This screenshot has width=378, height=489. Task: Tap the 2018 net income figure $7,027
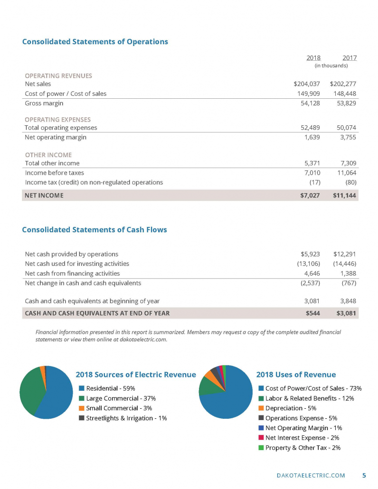coord(311,195)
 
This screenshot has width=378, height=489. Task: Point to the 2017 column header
coord(349,58)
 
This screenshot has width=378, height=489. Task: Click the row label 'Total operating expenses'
coord(61,128)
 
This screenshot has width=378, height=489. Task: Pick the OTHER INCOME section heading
coord(48,155)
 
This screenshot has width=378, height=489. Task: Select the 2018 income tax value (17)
coord(313,182)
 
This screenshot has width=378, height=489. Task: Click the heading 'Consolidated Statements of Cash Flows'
coord(94,230)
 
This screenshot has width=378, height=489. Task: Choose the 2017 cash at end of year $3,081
coord(345,313)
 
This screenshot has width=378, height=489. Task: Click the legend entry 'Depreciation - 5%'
coord(291,408)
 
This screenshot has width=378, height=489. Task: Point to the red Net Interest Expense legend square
coord(261,438)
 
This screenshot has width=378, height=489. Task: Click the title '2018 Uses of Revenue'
coord(296,375)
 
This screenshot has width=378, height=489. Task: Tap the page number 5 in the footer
coord(364,475)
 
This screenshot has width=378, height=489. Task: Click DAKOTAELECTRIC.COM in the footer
coord(311,475)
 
